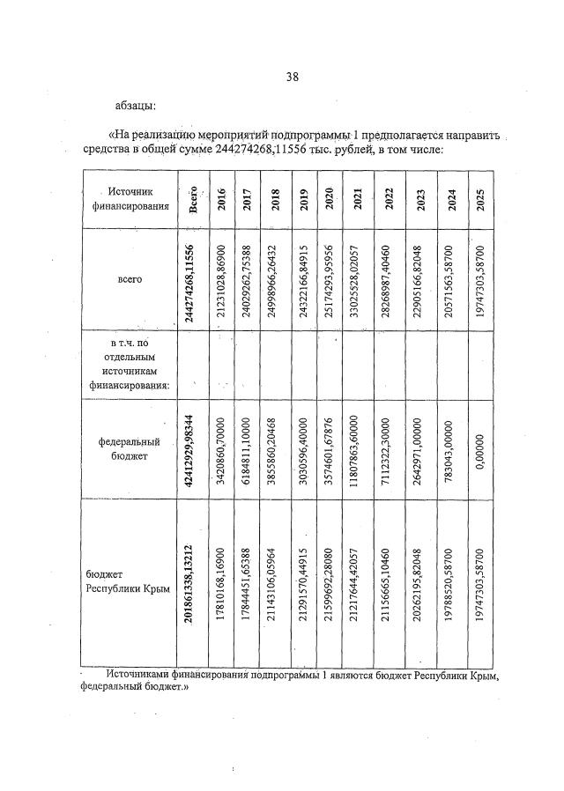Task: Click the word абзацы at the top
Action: [136, 107]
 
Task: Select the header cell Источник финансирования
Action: [130, 199]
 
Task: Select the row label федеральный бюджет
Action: [130, 450]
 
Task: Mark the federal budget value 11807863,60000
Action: [358, 449]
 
